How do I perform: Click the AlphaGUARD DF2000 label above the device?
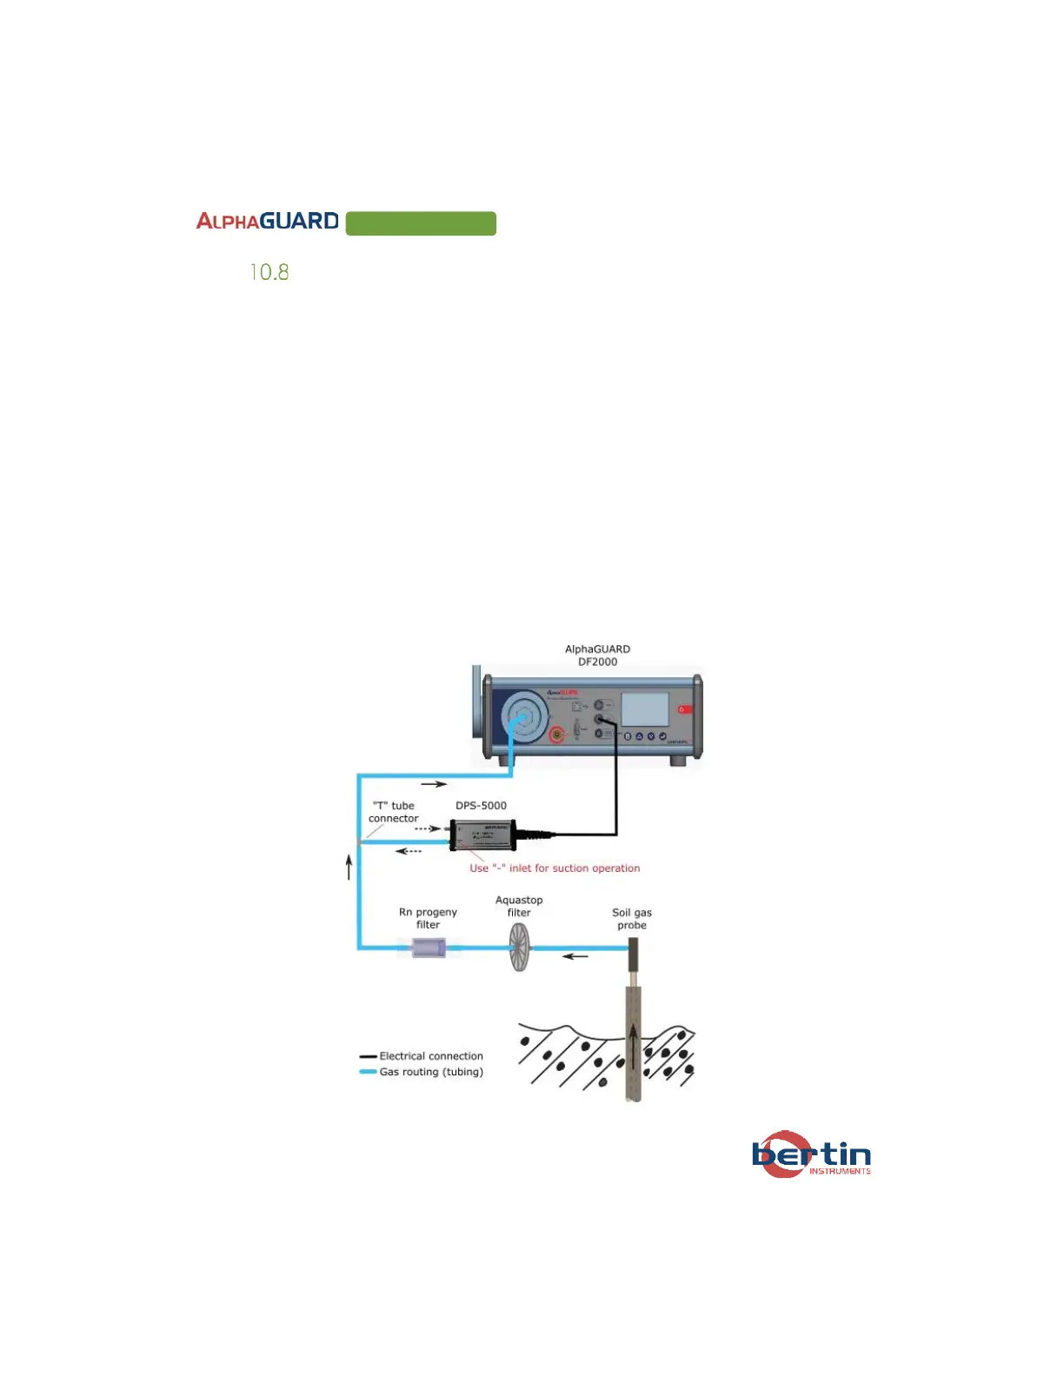(597, 655)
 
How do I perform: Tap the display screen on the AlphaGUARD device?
(645, 708)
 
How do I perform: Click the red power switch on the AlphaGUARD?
(685, 709)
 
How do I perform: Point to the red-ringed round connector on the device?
(557, 735)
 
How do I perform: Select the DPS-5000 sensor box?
(482, 835)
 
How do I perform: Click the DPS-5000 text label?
(481, 806)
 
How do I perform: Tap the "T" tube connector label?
(393, 812)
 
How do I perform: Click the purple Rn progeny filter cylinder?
(429, 948)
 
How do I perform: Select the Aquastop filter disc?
(519, 947)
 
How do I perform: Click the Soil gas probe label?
(632, 919)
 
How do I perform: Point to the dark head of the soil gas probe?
(634, 954)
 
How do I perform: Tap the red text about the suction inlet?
(555, 868)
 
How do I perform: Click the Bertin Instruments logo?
(811, 1154)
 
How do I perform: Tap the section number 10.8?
(269, 272)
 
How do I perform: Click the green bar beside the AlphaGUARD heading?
(421, 223)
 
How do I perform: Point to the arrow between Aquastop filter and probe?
(575, 956)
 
